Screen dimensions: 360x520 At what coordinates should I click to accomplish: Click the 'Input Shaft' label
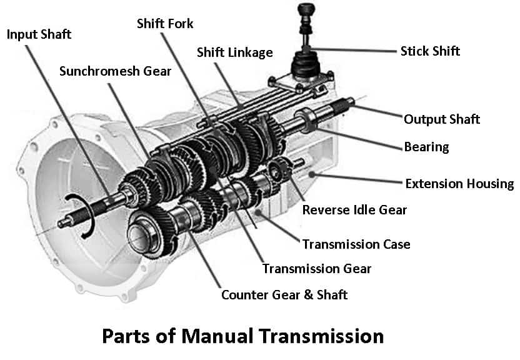(39, 34)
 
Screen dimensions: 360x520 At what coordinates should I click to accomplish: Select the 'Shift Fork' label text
(165, 24)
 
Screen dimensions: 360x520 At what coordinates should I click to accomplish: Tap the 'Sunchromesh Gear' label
(115, 71)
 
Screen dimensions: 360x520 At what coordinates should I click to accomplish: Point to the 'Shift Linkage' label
(234, 52)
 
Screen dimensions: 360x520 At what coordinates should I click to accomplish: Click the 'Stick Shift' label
(430, 51)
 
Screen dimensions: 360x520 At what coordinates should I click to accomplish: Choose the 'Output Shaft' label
(441, 119)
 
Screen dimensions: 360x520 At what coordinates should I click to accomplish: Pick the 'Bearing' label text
(426, 147)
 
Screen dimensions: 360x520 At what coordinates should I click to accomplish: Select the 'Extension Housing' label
(459, 184)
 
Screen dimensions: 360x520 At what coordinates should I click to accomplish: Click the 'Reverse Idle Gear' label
(354, 209)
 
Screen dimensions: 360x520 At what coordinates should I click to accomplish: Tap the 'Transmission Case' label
(356, 244)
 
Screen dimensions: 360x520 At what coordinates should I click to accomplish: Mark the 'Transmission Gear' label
(317, 269)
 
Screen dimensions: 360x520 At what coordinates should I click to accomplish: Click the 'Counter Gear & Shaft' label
(284, 294)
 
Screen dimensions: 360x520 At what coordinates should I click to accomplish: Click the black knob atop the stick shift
(305, 9)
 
